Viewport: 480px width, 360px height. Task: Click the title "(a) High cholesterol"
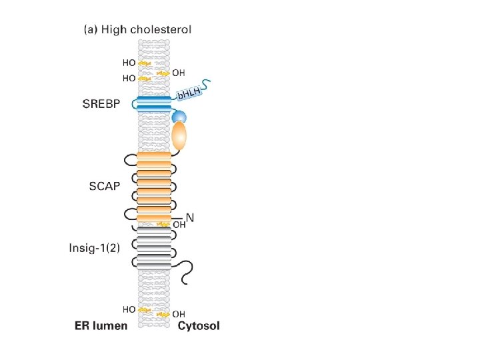[x=137, y=29]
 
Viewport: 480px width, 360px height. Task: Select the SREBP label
[x=102, y=104]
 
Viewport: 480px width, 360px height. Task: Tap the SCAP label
[x=105, y=186]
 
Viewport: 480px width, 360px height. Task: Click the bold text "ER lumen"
[x=101, y=326]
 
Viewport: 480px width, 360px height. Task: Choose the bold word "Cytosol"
[x=198, y=326]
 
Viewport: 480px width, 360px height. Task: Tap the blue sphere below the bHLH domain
[x=179, y=117]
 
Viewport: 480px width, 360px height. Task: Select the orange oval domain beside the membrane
[x=179, y=137]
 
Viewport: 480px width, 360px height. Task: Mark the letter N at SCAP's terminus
[x=189, y=217]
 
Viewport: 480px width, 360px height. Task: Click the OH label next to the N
[x=179, y=225]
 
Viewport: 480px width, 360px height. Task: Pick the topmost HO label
[x=129, y=63]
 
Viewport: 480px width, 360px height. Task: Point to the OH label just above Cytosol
[x=179, y=313]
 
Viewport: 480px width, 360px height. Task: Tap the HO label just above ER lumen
[x=129, y=309]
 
